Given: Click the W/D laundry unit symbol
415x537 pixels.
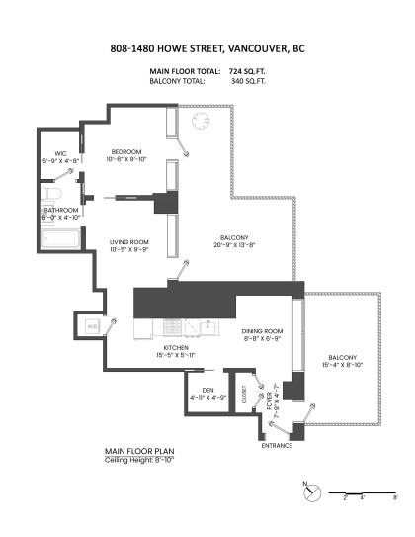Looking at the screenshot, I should [92, 326].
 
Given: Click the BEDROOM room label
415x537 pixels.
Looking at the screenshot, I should [127, 151].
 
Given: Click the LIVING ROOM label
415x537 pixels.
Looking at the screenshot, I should [128, 241].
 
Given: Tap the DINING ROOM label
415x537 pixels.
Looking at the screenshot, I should [263, 331].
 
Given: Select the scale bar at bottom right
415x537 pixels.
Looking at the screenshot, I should [363, 492].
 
